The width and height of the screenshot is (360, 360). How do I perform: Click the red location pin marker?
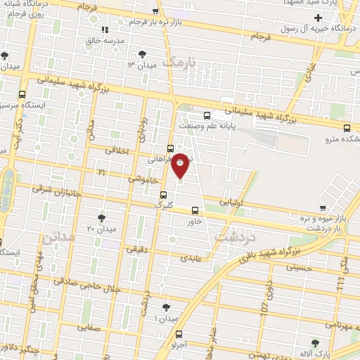click(181, 164)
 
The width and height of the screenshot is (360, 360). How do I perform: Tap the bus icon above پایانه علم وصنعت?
click(206, 116)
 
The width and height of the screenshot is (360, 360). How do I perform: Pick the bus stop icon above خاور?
click(195, 210)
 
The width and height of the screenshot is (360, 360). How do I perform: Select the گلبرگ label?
click(163, 205)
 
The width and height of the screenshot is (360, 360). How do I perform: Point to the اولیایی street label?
click(234, 202)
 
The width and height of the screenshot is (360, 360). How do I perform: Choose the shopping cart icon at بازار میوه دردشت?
click(322, 208)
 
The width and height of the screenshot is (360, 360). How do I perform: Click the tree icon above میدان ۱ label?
click(166, 307)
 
